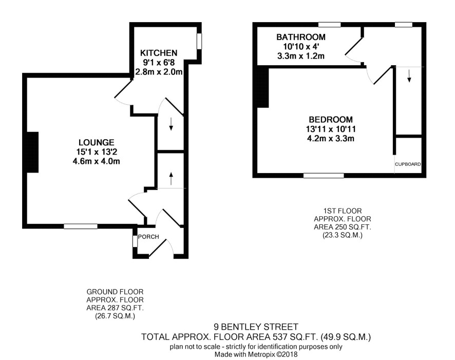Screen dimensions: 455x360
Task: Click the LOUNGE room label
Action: click(x=97, y=142)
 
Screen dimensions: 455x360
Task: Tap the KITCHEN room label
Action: click(x=159, y=53)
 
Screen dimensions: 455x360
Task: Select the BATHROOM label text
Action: click(x=301, y=37)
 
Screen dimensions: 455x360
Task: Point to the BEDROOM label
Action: click(x=331, y=120)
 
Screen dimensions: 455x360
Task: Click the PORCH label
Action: click(x=148, y=237)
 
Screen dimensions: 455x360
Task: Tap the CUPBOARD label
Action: click(x=408, y=164)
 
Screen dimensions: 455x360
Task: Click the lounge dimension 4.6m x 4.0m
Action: click(x=97, y=161)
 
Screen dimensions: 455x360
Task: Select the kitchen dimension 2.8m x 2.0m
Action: click(x=159, y=72)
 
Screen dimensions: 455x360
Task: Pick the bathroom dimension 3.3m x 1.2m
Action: click(x=301, y=56)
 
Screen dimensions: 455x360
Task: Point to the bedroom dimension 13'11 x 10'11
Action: click(x=331, y=129)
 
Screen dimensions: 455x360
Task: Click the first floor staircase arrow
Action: click(x=409, y=76)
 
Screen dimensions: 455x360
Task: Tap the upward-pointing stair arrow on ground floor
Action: click(x=171, y=178)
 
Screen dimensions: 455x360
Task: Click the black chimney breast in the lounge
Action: click(x=32, y=153)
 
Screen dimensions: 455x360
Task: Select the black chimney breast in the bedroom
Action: click(x=263, y=86)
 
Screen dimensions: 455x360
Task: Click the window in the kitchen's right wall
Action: click(x=199, y=42)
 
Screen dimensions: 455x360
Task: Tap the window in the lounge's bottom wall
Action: click(x=81, y=226)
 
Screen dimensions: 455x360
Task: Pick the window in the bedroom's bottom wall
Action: click(x=324, y=176)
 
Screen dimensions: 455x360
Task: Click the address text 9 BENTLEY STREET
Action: click(x=256, y=327)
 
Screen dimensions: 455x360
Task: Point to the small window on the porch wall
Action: click(x=135, y=241)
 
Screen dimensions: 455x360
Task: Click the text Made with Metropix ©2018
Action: click(x=256, y=354)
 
